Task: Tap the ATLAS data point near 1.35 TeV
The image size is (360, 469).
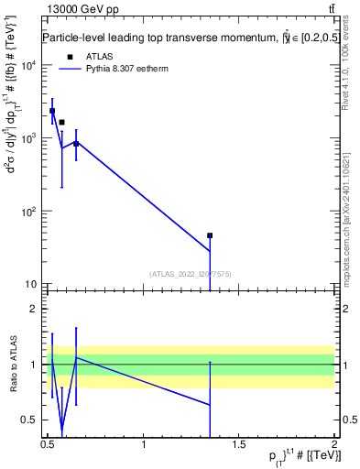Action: coord(210,235)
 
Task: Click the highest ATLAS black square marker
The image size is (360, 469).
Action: coord(52,111)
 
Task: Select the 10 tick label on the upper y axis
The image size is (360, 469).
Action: coord(29,284)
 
